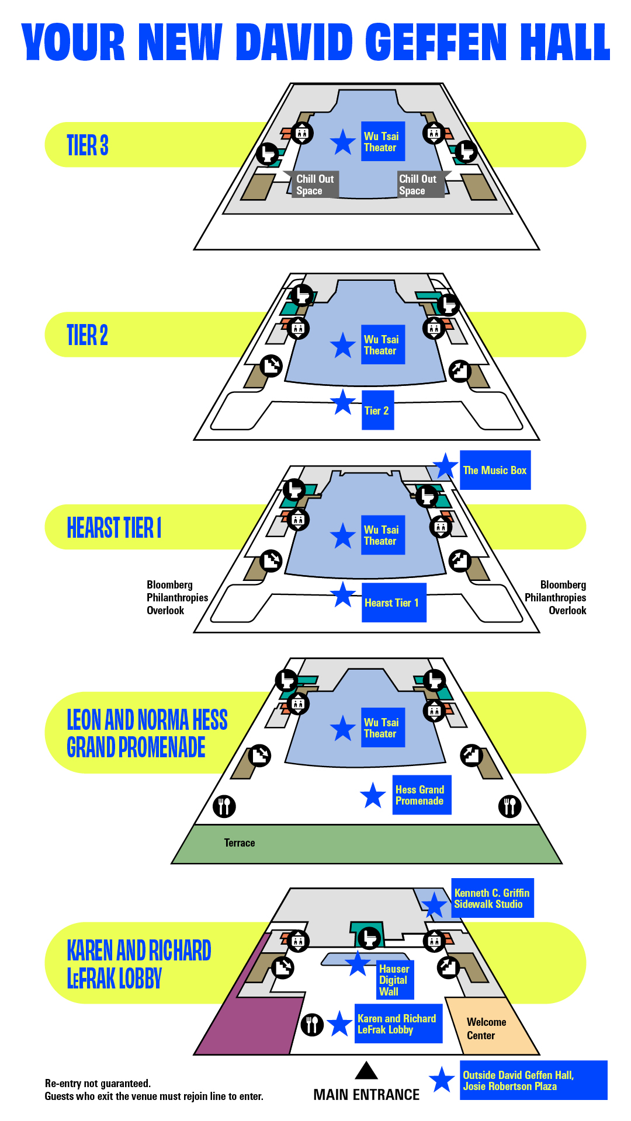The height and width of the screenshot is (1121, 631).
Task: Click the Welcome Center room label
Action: [x=486, y=1028]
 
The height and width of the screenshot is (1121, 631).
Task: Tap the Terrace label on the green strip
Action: [x=240, y=843]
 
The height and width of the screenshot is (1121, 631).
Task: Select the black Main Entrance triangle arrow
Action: [x=366, y=1070]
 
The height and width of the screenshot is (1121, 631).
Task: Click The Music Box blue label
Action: [x=495, y=470]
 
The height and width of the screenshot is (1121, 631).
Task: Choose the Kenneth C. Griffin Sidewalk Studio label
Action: [x=492, y=898]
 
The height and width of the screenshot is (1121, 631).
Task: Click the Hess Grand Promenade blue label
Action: [x=421, y=795]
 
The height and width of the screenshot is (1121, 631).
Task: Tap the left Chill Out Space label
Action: [x=314, y=184]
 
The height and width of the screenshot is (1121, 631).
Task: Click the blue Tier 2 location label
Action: [x=377, y=410]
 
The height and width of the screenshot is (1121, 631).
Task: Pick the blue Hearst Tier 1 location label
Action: [x=393, y=603]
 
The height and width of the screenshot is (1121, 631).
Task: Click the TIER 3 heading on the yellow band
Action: [x=88, y=145]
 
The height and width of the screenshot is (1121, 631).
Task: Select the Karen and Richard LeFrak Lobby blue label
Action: [x=398, y=1023]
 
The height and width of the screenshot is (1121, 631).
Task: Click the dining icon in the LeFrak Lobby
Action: [x=313, y=1024]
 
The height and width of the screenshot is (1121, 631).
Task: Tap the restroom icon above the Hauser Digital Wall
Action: [x=369, y=938]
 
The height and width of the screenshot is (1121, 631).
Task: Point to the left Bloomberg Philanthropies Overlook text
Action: [x=176, y=597]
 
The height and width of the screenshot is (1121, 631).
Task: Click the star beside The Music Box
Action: [x=445, y=466]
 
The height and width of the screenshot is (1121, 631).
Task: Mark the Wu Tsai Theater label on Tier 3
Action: [x=382, y=141]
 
